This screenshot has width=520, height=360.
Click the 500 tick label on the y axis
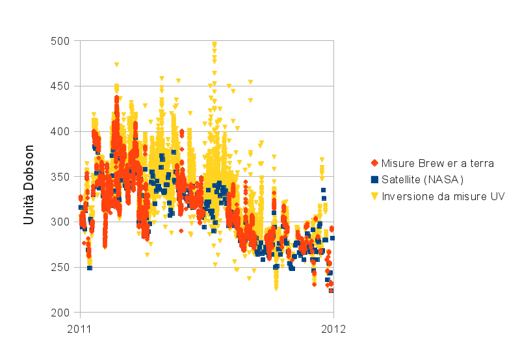click(61, 41)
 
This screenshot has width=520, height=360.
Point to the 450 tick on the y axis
click(61, 86)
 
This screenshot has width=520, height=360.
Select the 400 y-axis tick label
click(61, 131)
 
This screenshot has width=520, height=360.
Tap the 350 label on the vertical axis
click(61, 177)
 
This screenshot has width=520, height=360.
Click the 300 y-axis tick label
click(61, 222)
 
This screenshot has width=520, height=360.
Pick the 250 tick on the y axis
click(61, 267)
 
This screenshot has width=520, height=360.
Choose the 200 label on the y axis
click(61, 313)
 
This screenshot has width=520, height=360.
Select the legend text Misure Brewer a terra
click(437, 163)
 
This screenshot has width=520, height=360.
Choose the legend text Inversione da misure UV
click(443, 196)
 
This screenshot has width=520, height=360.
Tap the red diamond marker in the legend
click(374, 163)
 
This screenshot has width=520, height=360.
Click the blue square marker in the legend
click(374, 179)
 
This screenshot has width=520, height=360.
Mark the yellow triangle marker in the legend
click(374, 196)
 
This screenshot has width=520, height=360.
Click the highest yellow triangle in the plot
click(214, 44)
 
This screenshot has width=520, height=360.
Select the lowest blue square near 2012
click(331, 290)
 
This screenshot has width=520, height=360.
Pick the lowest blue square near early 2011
click(90, 268)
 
